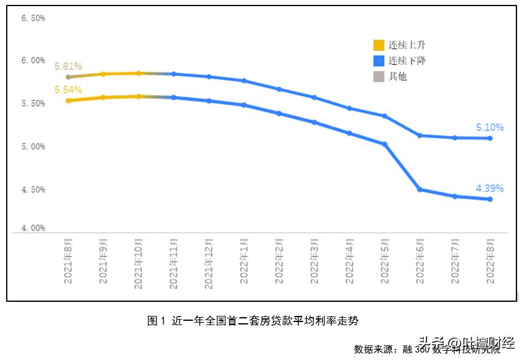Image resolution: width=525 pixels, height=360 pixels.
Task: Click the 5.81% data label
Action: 68,66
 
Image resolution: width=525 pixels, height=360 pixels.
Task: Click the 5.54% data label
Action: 68,90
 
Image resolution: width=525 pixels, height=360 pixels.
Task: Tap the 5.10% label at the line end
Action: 490,127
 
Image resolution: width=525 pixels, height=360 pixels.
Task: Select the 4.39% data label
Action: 490,189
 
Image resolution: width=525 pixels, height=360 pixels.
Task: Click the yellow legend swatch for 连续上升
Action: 379,45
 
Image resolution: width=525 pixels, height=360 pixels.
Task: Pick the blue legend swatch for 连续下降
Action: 379,61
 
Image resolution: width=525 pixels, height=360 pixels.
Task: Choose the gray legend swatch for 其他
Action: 379,77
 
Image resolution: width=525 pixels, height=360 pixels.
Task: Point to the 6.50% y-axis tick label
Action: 33,18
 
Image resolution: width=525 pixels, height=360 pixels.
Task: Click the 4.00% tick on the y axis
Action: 33,228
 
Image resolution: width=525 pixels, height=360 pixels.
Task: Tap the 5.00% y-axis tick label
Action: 33,147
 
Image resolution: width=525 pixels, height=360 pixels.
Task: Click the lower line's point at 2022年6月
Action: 420,190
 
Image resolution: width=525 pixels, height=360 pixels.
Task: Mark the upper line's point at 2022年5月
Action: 385,116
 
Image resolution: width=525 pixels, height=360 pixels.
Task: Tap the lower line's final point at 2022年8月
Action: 490,199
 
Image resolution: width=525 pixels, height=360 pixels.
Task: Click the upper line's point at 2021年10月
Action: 139,73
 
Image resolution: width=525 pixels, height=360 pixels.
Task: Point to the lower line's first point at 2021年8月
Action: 69,100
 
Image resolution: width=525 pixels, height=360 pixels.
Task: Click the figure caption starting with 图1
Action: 256,320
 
